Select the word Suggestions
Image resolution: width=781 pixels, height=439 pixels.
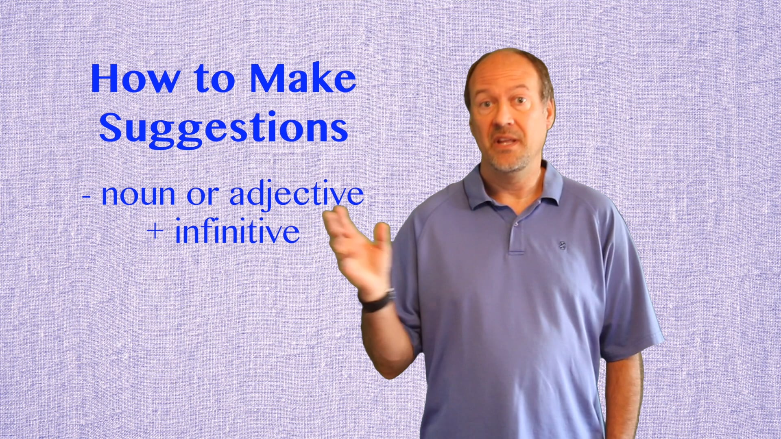[x=223, y=128]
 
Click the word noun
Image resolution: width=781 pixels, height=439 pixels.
[x=138, y=195]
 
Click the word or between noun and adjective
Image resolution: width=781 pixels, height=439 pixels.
[x=202, y=196]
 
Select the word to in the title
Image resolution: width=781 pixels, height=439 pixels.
[x=214, y=79]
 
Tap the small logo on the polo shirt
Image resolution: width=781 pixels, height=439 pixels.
[x=562, y=246]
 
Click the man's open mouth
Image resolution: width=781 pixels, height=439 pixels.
[x=507, y=141]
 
